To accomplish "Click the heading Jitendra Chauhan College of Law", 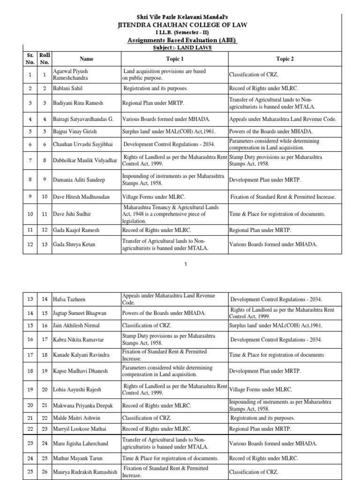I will (x=183, y=24).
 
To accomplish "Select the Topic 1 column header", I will (x=175, y=59).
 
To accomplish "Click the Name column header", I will (x=86, y=59).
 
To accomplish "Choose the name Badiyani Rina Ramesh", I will (x=78, y=103).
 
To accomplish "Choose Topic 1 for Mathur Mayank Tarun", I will (x=170, y=458).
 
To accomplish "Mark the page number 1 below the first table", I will (x=186, y=264).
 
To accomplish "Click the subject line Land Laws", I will (x=182, y=48).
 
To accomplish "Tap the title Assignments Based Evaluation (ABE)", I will (x=182, y=41).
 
